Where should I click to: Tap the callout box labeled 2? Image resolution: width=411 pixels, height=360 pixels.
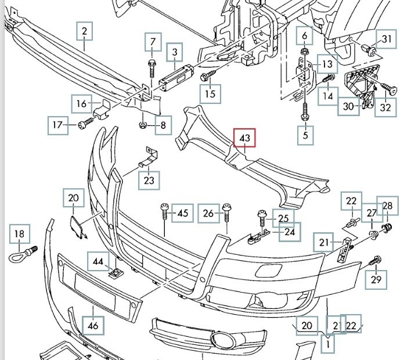(x=85, y=31)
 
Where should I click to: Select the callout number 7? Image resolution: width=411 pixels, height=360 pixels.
(x=153, y=42)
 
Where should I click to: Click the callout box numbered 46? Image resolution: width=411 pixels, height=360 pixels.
(x=93, y=326)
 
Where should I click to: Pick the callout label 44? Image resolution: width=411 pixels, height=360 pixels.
(x=98, y=262)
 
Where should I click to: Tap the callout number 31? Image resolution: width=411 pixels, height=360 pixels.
(x=387, y=39)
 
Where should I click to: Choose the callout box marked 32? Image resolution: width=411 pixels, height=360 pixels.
(x=386, y=106)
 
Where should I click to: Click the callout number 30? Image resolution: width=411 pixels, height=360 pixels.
(x=348, y=106)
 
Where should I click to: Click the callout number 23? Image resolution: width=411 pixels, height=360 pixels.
(x=149, y=180)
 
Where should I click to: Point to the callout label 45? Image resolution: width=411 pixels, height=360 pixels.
(x=182, y=214)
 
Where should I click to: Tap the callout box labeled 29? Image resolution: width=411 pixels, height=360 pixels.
(x=376, y=281)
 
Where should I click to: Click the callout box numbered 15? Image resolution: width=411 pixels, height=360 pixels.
(x=210, y=93)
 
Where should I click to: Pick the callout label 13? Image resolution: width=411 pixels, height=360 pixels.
(x=327, y=64)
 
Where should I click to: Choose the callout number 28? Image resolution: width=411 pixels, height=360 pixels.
(x=387, y=206)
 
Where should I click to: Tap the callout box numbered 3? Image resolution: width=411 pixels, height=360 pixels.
(x=174, y=54)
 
